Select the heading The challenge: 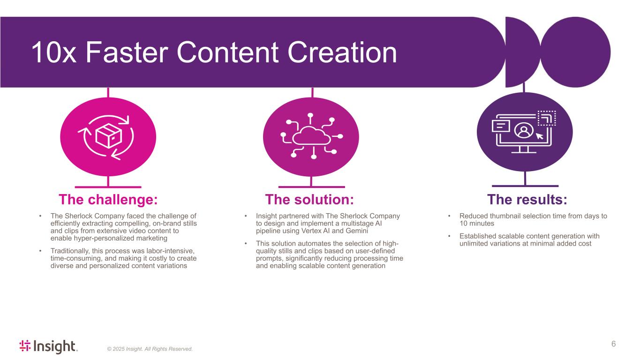coord(108,200)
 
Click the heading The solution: coord(309,200)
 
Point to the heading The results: coord(527,200)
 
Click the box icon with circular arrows coord(108,136)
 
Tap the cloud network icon coord(311,136)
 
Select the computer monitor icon coord(524,132)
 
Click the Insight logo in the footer coord(48,346)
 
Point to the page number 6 coord(613,344)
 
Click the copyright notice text coord(150,349)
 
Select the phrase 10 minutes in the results coord(476,224)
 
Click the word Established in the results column coord(477,236)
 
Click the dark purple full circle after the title coord(575,52)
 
